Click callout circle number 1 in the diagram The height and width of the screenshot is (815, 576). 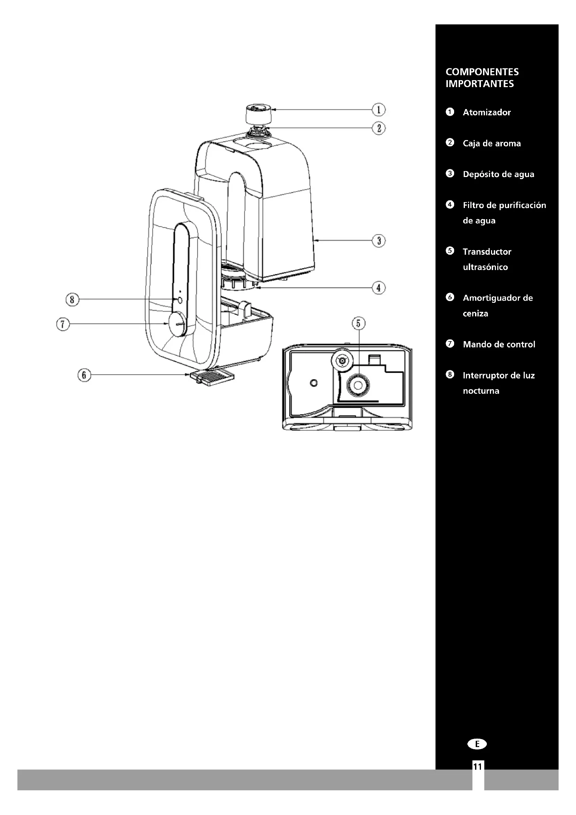[x=379, y=110]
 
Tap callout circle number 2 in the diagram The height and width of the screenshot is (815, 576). [x=379, y=128]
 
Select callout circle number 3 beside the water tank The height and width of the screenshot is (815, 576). [x=379, y=241]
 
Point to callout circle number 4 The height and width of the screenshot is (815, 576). [x=379, y=287]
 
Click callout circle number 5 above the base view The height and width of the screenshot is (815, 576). [x=358, y=323]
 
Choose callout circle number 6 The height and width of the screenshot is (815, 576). [x=84, y=375]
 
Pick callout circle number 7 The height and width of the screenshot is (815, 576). [x=63, y=324]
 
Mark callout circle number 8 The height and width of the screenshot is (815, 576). [x=72, y=300]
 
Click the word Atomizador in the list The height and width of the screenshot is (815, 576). [x=487, y=113]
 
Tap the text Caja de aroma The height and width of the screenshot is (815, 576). [x=492, y=144]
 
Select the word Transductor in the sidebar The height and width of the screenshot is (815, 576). [x=487, y=252]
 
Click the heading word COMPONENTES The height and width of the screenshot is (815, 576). [x=482, y=72]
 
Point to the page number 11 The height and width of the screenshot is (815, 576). [x=477, y=767]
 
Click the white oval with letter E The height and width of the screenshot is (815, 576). [x=477, y=744]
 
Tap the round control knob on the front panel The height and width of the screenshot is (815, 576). [x=177, y=324]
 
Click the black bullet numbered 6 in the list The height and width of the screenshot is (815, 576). [x=450, y=297]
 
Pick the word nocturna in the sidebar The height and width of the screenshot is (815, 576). [x=481, y=391]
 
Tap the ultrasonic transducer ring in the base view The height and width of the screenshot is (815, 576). [x=358, y=385]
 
